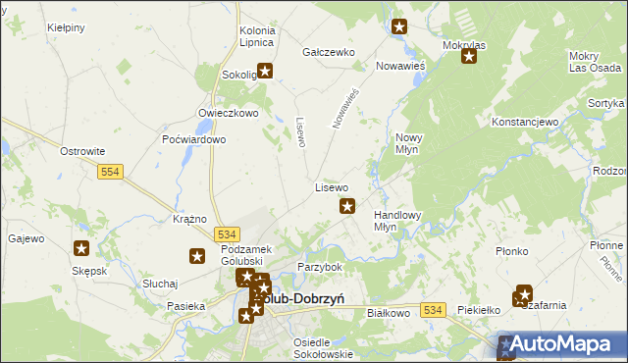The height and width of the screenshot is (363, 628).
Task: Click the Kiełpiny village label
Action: (66, 28)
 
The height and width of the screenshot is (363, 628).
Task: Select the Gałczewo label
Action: (328, 51)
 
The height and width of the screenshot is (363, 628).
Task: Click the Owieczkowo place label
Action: (228, 113)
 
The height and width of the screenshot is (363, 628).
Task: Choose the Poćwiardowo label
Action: (194, 139)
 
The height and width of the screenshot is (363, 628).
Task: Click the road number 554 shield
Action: (111, 172)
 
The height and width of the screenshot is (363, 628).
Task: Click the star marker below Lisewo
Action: (347, 206)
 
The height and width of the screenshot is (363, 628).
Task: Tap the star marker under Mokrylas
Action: (469, 56)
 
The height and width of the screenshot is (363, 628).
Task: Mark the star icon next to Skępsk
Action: (82, 249)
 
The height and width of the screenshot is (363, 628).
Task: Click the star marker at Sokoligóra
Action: (265, 71)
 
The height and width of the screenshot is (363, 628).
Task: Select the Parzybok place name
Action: (319, 267)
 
